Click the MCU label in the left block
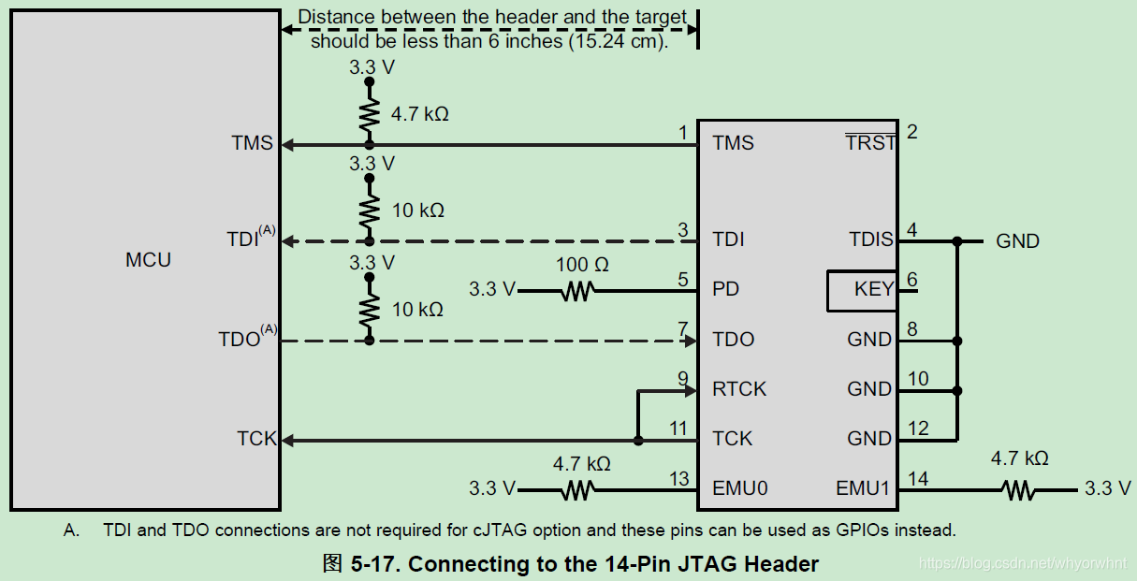click(148, 260)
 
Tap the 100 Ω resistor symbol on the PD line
click(577, 292)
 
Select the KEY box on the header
click(861, 290)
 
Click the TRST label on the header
click(870, 143)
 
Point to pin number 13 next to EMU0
click(679, 479)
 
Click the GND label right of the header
click(1017, 241)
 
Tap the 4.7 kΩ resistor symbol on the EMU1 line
click(1018, 489)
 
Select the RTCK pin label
click(739, 389)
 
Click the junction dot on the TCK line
click(637, 440)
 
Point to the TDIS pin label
click(871, 240)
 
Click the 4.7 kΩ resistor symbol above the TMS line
click(369, 114)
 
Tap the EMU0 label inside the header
click(740, 488)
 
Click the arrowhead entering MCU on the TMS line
click(288, 145)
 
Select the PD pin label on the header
click(725, 290)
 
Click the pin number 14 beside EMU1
click(918, 479)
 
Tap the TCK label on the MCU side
click(256, 439)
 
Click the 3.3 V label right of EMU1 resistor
click(1107, 488)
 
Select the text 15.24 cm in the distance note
click(618, 42)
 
